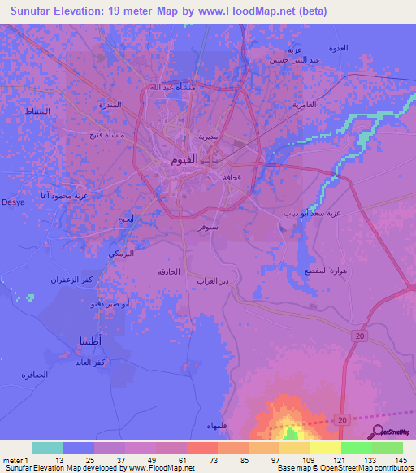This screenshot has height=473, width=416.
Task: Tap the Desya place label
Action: [x=11, y=202]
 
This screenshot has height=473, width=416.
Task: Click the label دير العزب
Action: [x=211, y=280]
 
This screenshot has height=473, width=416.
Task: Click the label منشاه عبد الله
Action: [x=170, y=88]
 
